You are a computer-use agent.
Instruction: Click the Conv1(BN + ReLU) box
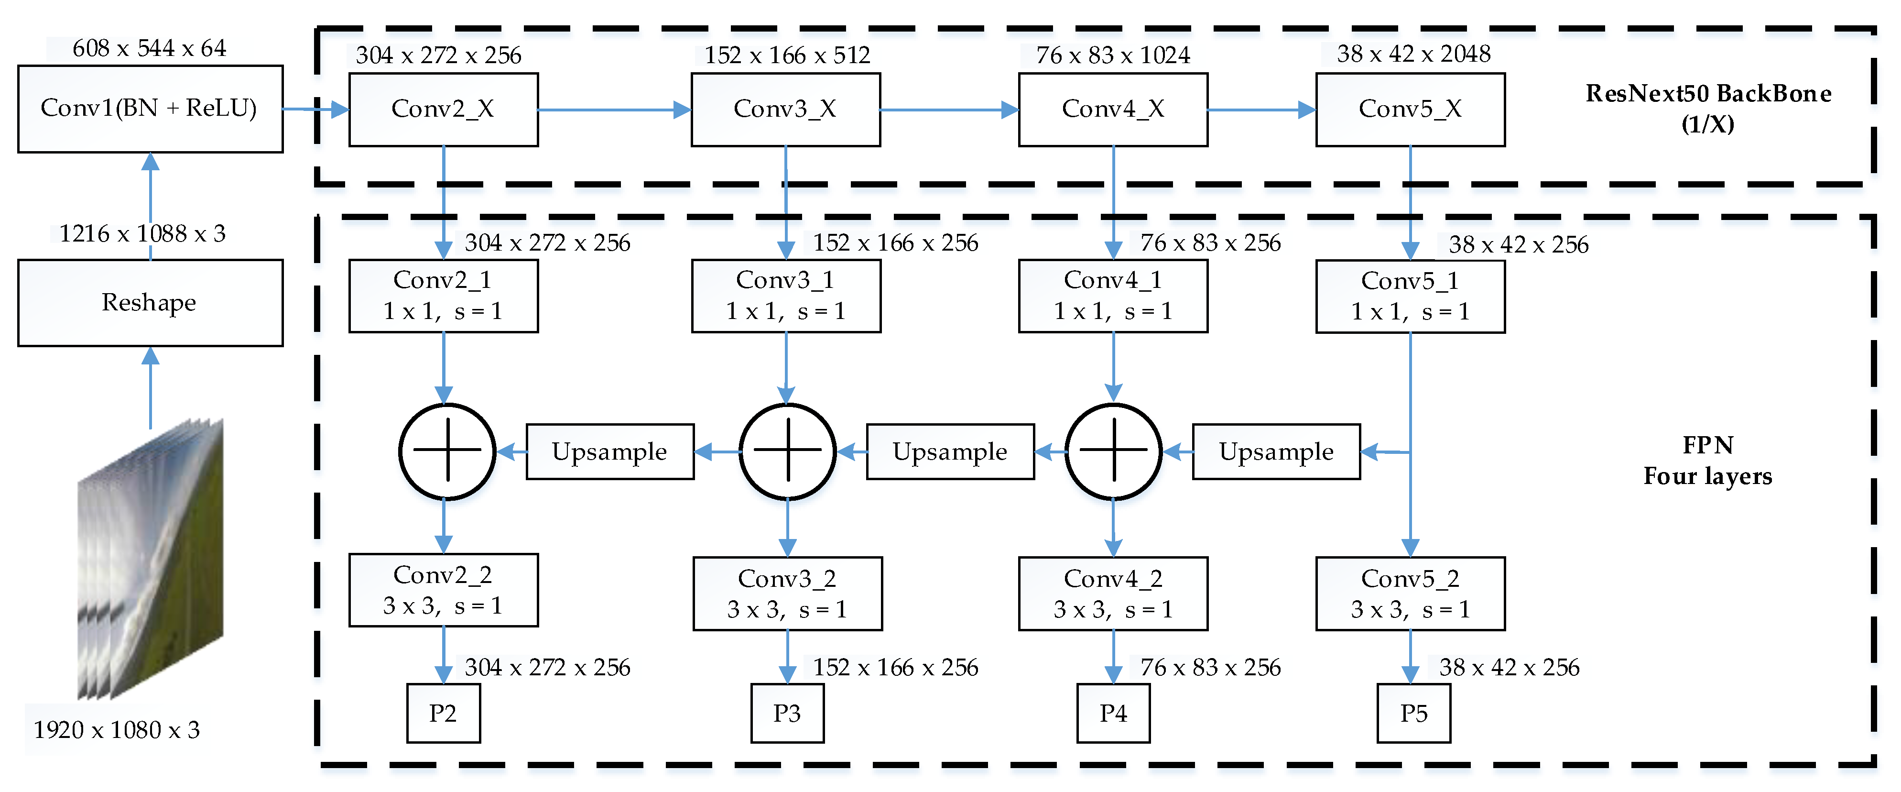point(150,109)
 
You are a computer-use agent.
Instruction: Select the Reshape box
point(150,303)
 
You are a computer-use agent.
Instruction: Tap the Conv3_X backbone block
point(785,109)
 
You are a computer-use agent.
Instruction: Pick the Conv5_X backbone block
point(1410,109)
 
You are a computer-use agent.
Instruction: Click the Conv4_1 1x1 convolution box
point(1113,295)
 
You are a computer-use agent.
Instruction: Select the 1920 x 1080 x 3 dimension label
point(117,730)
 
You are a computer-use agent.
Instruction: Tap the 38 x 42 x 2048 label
point(1413,54)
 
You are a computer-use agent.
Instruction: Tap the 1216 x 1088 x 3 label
point(141,234)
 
